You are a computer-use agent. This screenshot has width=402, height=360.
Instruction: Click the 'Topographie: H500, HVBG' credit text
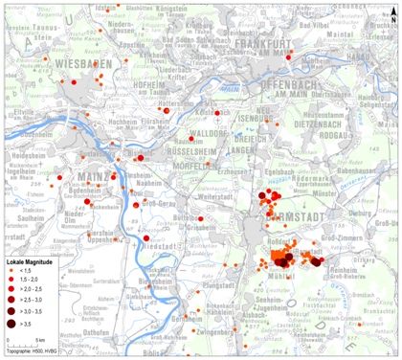click(x=32, y=353)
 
